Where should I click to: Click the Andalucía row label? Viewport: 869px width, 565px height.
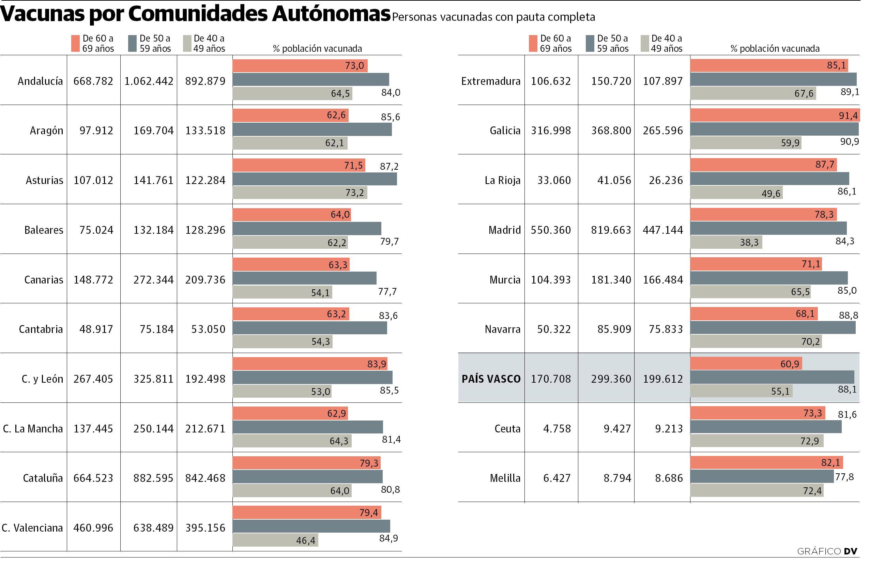click(x=40, y=81)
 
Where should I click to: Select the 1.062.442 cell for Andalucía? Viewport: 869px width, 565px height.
click(x=149, y=81)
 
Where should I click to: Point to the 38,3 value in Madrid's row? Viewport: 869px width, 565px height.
click(x=749, y=242)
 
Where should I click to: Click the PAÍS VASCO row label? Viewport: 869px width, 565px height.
click(x=491, y=379)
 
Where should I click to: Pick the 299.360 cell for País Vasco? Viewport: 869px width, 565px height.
click(x=611, y=379)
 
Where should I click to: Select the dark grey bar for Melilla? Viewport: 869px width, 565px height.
click(x=761, y=476)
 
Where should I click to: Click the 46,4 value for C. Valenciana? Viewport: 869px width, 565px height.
click(x=306, y=540)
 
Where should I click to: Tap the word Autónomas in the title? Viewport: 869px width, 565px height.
click(x=331, y=14)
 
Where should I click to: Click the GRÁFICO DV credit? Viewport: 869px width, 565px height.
click(x=827, y=551)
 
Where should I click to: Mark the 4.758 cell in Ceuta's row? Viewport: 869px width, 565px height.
click(x=557, y=428)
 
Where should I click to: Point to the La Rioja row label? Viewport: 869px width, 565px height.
click(x=502, y=180)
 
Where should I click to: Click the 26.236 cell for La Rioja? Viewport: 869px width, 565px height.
click(x=666, y=180)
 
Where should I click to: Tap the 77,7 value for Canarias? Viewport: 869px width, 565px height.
click(x=387, y=291)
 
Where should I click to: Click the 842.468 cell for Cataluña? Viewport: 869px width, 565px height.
click(x=205, y=478)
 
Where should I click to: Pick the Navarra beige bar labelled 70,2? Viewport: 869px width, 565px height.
click(x=756, y=341)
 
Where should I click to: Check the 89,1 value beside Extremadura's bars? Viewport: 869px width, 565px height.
click(x=850, y=92)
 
